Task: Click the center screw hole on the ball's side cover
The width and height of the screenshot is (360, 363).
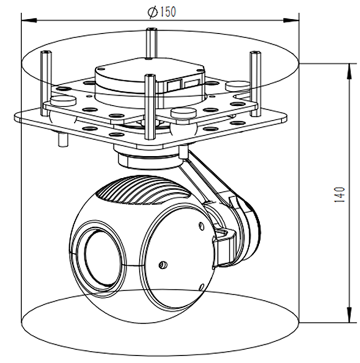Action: click(162, 265)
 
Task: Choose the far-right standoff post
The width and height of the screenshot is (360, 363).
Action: click(255, 78)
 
